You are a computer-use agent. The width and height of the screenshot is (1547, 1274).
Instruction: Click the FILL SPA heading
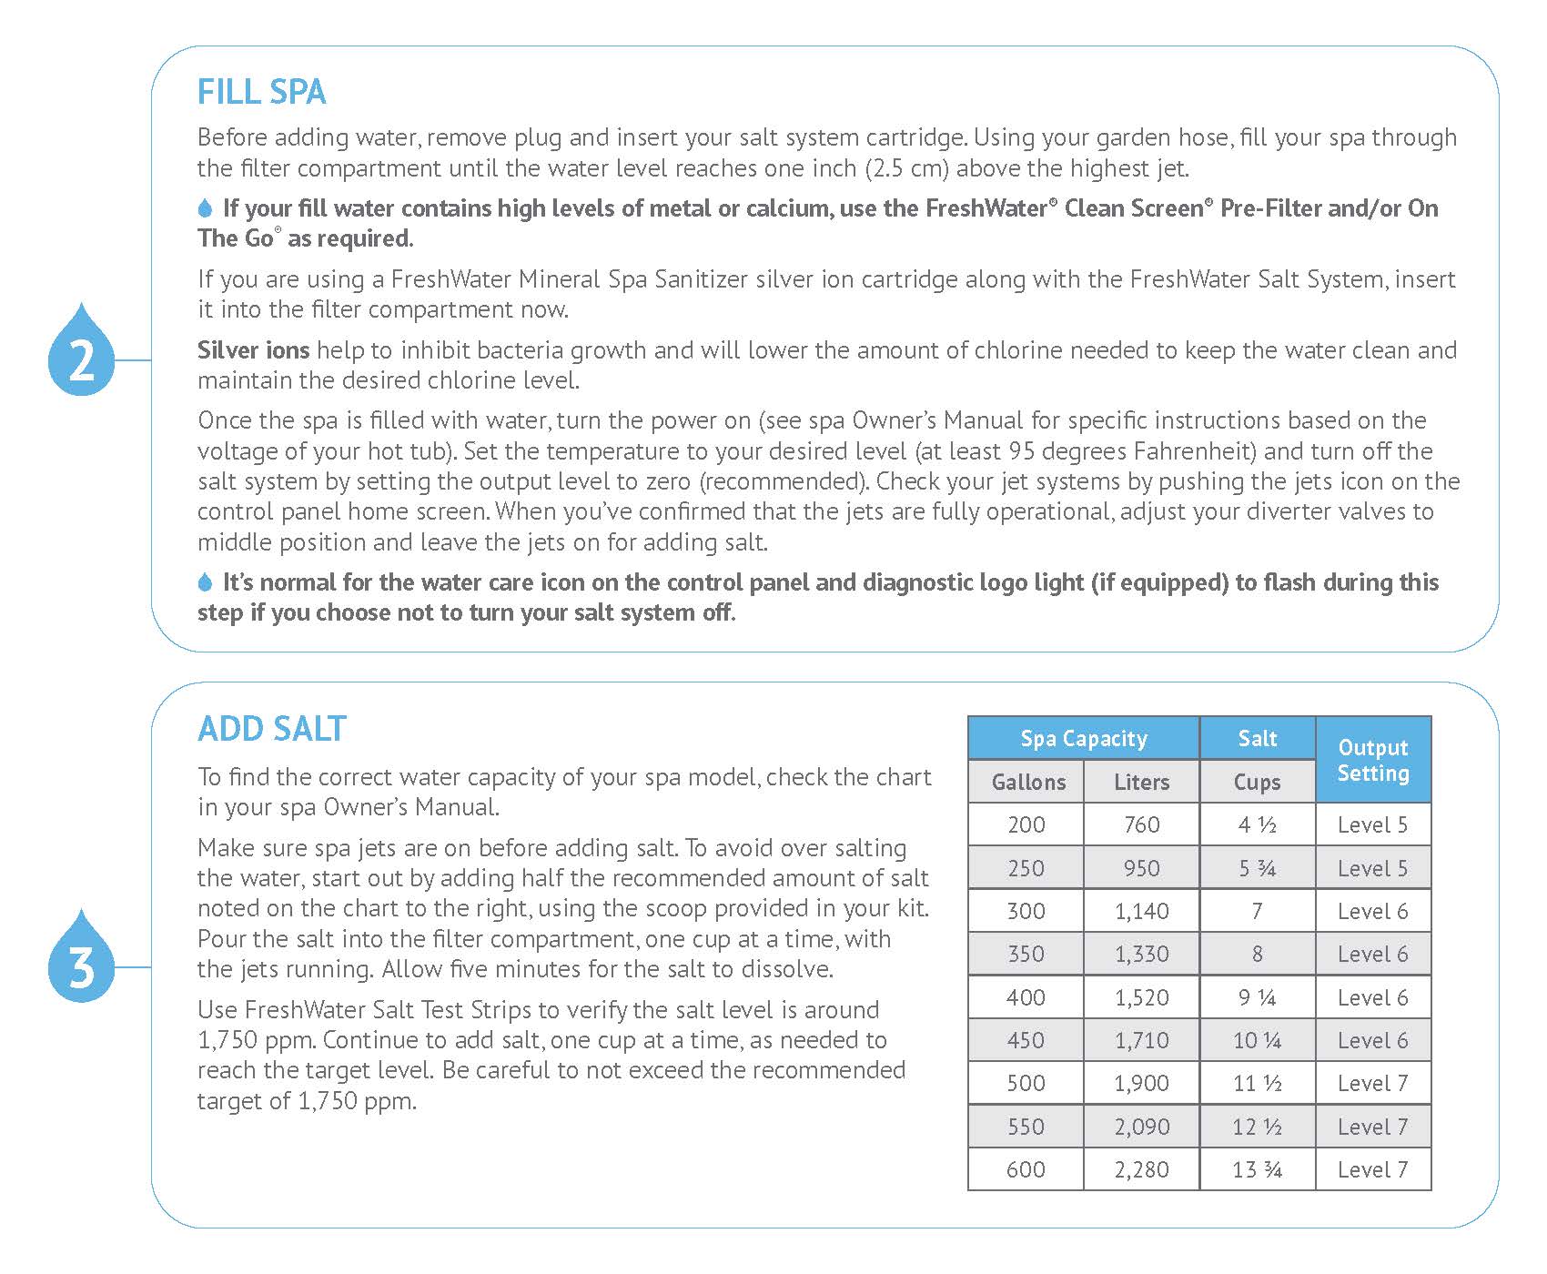261,92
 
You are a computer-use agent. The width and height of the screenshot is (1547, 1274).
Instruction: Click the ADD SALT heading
271,729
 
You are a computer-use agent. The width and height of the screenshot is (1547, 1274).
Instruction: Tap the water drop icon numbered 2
82,353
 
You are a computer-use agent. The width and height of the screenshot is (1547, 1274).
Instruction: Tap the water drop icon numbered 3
82,960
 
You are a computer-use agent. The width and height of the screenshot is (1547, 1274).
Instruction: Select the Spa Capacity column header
1083,738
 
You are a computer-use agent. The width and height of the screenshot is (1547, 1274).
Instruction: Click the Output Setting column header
1372,760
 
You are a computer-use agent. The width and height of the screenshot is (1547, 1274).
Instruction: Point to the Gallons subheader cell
1027,782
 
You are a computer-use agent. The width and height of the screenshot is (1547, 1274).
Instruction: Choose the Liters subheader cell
1141,782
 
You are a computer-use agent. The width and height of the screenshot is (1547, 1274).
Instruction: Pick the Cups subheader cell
1257,782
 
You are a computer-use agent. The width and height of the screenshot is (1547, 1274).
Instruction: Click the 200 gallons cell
1026,824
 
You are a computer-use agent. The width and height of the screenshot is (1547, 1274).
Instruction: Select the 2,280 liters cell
1141,1169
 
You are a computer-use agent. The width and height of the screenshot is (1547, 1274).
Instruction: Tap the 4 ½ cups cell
1257,824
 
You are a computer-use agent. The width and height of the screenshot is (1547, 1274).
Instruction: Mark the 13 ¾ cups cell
1257,1169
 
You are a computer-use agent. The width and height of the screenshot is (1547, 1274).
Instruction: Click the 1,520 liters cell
1141,997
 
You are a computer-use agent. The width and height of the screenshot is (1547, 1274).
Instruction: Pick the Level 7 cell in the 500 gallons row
1372,1083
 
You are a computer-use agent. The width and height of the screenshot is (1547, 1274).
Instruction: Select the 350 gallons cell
1026,954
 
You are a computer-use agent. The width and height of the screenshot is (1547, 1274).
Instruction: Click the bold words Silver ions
253,350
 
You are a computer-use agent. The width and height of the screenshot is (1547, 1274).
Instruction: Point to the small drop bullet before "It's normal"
205,582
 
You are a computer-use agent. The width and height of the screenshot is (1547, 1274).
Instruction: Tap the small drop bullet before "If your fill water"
205,208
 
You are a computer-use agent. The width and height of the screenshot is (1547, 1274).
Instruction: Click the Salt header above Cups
1257,738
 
